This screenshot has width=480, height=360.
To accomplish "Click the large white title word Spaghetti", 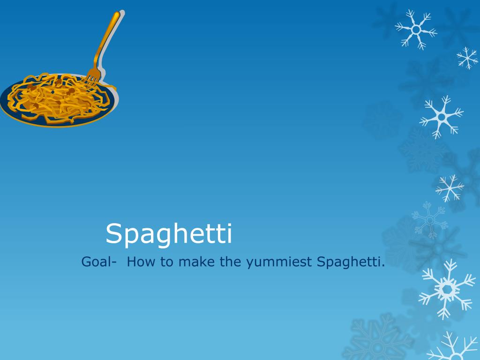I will coord(169,234).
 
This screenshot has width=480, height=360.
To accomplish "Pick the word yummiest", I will coord(278,262).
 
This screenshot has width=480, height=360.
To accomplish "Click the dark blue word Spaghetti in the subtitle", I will coord(348,262).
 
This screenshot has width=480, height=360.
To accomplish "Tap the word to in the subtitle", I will coord(167,262).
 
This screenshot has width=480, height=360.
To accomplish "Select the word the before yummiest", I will coord(230,262).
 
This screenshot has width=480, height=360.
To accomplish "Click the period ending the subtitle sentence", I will coord(383,266).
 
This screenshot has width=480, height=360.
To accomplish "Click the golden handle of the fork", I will coord(107,40).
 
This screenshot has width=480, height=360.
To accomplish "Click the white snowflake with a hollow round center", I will coord(415,29).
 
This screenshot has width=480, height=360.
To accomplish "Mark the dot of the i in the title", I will coord(228,224).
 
